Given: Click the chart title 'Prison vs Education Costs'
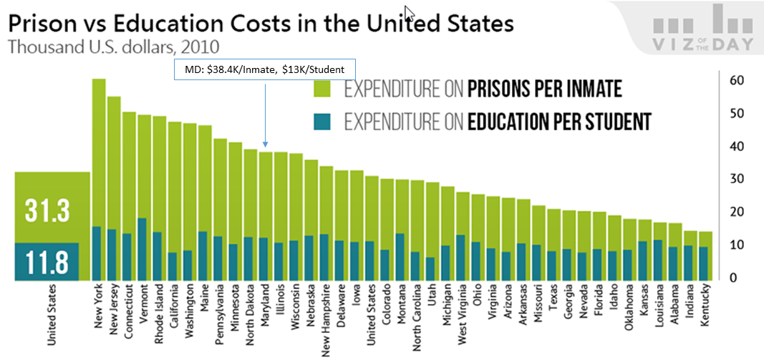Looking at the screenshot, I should point(260,23).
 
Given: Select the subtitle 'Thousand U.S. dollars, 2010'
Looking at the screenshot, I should point(113,47).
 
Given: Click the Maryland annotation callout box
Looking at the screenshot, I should point(264,69).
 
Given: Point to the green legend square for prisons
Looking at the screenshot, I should point(325,89).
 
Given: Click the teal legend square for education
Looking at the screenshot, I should point(325,121).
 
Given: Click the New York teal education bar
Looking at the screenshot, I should point(97,253).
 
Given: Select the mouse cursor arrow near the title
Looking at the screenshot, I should point(408,13).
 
